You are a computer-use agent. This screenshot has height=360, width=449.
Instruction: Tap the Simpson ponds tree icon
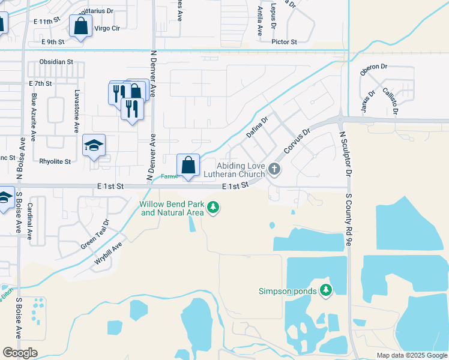(326, 291)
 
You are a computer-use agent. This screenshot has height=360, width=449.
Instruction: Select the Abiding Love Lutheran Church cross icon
(274, 169)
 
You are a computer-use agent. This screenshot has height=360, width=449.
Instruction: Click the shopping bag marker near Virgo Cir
(80, 26)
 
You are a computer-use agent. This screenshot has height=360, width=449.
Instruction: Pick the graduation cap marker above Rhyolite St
(94, 146)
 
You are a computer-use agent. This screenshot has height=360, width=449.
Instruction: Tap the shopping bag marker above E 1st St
(188, 166)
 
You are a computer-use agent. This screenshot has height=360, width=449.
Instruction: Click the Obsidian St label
(56, 62)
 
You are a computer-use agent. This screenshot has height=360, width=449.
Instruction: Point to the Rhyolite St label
(55, 161)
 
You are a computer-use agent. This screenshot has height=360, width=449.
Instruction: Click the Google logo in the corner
(20, 353)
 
